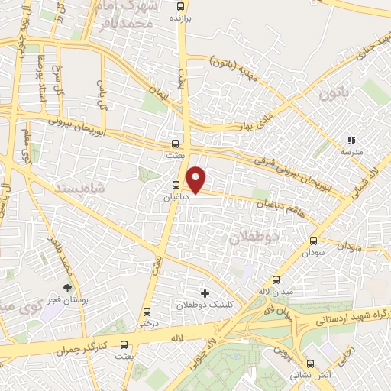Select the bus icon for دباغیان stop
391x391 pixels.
point(176,185)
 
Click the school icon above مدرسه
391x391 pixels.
point(351,141)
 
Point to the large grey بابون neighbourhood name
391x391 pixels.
point(334,95)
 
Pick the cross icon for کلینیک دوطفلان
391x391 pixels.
point(204,292)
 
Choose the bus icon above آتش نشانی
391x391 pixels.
point(310,364)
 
